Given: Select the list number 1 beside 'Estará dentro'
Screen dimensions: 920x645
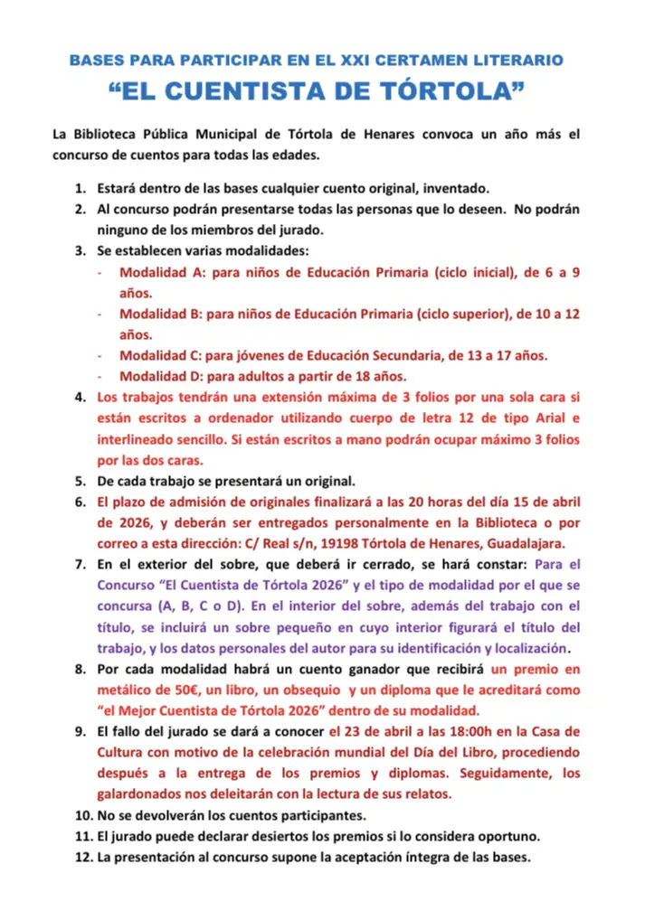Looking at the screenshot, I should (x=79, y=188).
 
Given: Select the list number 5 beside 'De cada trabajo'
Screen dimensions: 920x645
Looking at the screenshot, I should (x=80, y=480).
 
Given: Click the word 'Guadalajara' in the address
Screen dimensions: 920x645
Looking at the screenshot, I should (x=524, y=543).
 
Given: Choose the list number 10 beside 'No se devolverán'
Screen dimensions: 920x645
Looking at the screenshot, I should (x=82, y=814).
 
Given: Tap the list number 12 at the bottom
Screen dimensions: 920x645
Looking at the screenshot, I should (x=82, y=856).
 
